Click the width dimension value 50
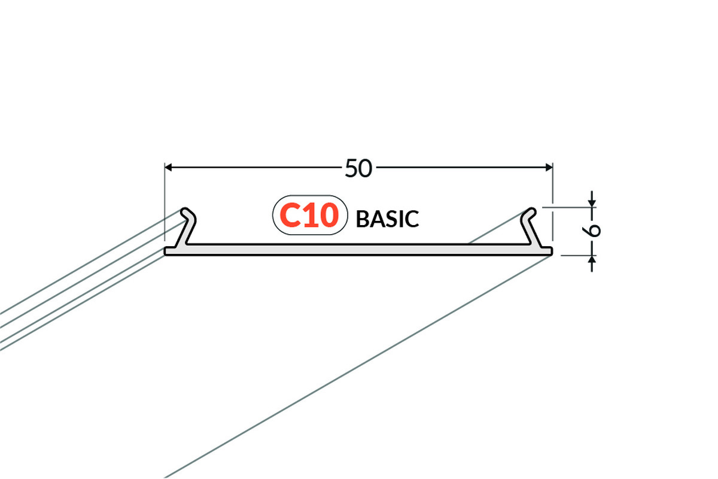point(358,168)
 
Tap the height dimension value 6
point(591,230)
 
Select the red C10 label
point(309,215)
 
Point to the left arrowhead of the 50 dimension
point(168,167)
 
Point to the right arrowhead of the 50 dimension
point(549,167)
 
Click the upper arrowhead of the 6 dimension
point(592,204)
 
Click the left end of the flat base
point(165,251)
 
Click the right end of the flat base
point(551,251)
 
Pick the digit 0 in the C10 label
point(328,215)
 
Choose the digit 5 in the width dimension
point(351,168)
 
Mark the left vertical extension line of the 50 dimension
point(165,202)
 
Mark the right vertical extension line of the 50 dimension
point(553,202)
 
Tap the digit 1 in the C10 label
point(309,216)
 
